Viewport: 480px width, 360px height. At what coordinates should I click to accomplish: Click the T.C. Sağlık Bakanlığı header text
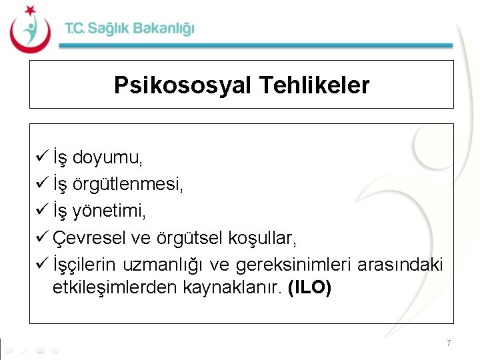click(x=129, y=29)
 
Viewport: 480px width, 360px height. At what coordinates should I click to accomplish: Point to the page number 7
click(x=449, y=343)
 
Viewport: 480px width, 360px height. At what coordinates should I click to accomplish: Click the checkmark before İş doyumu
click(x=39, y=158)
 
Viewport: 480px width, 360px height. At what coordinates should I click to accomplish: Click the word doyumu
click(x=107, y=159)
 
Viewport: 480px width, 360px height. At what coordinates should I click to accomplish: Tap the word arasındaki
click(x=400, y=265)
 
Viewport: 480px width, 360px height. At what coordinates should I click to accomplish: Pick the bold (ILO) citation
click(x=309, y=289)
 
